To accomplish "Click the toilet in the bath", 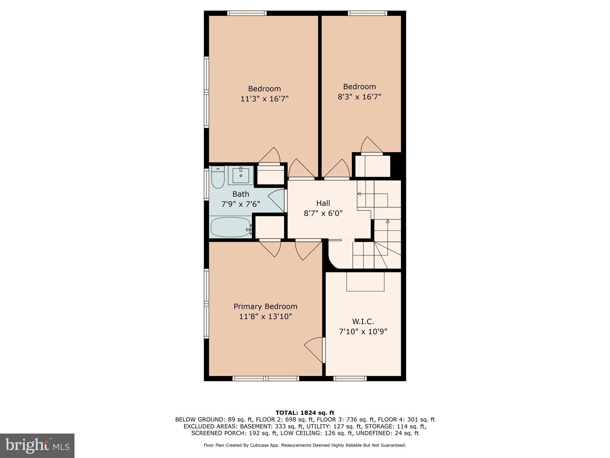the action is tap(218, 177).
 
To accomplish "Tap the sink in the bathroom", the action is tap(241, 175).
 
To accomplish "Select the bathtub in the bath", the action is tap(231, 227).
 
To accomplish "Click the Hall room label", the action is tap(323, 203).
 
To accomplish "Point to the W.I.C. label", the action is tap(363, 322).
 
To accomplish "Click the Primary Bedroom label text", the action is tap(265, 307).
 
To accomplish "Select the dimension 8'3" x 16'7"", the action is tap(360, 97).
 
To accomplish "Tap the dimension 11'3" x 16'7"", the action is tap(265, 99).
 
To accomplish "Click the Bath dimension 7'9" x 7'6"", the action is tap(241, 204).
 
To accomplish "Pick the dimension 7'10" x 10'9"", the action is tap(363, 332).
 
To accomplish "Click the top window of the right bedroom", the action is tap(368, 13).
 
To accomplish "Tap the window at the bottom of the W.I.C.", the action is tap(350, 379).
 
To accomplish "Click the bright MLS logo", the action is tap(37, 446).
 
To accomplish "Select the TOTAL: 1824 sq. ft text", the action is tap(305, 413).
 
